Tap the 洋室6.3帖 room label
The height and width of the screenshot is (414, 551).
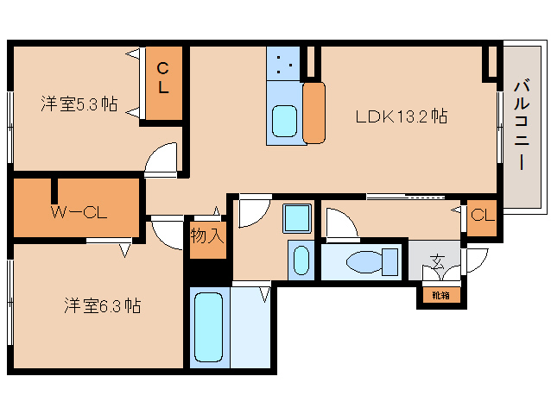(102, 305)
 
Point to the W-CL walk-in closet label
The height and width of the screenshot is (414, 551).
(78, 211)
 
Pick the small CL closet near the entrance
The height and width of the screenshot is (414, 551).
(482, 216)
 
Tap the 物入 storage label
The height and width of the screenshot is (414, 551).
(207, 235)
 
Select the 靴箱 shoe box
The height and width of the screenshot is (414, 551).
(440, 295)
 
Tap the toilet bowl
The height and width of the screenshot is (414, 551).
(364, 261)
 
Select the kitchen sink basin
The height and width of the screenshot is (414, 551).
(284, 121)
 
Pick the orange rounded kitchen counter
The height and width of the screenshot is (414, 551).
(313, 113)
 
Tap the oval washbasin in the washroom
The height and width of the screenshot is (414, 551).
(301, 260)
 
